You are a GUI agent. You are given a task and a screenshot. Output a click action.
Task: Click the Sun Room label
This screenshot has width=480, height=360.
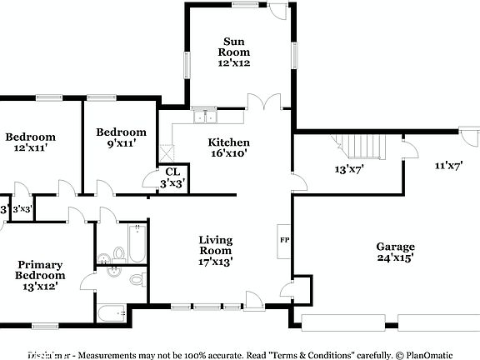pos(235,52)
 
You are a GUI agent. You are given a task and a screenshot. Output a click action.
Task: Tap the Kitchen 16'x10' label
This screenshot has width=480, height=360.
pos(228,147)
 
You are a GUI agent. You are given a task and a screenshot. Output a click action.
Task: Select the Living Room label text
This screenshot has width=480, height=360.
pos(215,251)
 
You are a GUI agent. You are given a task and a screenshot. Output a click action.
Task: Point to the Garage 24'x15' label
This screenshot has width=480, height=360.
pos(395,252)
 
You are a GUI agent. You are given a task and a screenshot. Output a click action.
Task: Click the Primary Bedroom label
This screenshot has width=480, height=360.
pos(40,276)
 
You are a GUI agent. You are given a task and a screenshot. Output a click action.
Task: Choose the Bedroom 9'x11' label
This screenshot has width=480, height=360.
pos(121,137)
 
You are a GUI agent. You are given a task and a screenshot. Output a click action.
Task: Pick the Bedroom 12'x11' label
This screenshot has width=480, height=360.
pos(30,142)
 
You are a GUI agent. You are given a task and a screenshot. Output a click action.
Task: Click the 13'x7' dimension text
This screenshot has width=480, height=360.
pos(349,169)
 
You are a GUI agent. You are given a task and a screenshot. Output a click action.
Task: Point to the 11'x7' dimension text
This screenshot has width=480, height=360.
pos(448,165)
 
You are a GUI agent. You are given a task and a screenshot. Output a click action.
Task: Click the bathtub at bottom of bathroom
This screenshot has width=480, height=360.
pos(111,313)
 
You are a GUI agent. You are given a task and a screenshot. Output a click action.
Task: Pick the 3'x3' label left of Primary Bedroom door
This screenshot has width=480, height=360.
pos(22,209)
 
